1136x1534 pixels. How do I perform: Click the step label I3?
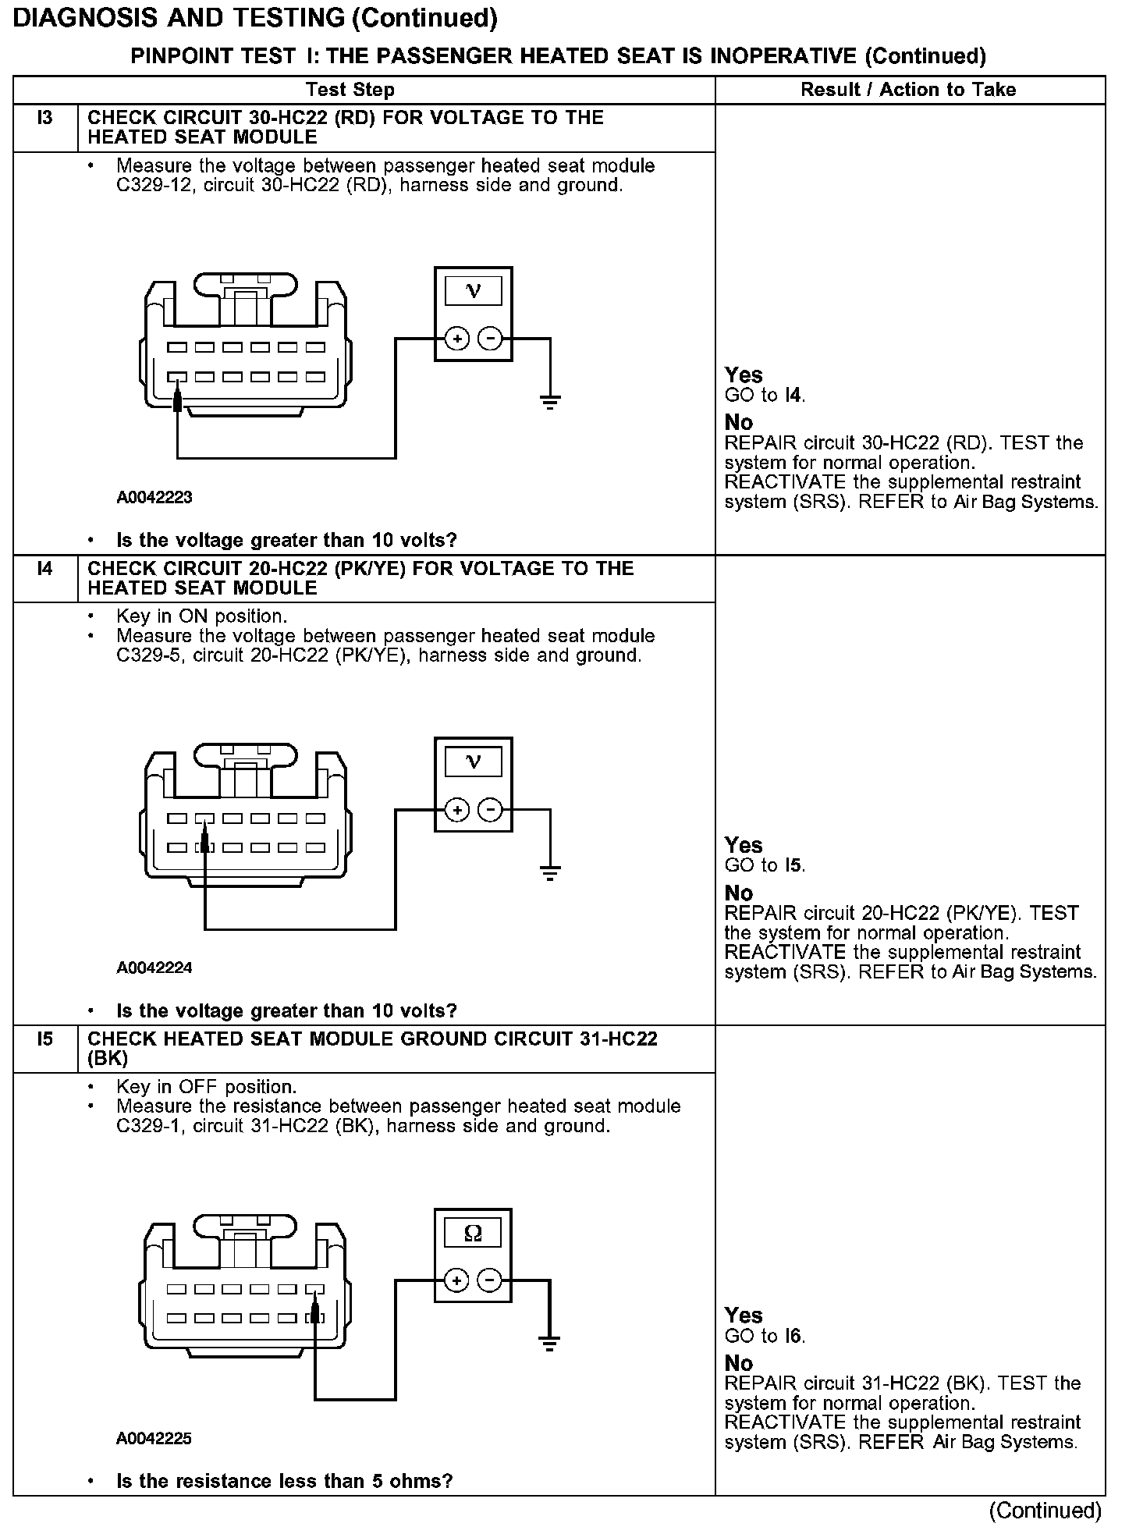[x=45, y=119]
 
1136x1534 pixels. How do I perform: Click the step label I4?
[x=45, y=570]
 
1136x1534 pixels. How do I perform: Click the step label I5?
[x=45, y=1039]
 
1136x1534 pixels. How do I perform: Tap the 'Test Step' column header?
[x=350, y=90]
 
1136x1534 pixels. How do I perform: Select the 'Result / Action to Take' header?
[x=908, y=90]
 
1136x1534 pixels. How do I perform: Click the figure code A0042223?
[x=154, y=497]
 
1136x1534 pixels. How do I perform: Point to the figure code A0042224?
[x=154, y=968]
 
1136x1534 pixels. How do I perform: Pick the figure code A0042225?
[x=154, y=1438]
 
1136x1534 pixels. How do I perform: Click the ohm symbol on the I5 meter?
[x=473, y=1233]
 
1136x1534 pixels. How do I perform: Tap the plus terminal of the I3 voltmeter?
[x=457, y=339]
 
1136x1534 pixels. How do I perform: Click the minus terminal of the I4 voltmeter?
[x=490, y=810]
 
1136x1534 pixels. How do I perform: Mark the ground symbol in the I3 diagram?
[x=550, y=402]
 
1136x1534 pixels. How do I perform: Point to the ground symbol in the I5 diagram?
[x=550, y=1344]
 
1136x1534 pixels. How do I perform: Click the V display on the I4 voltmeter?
[x=473, y=762]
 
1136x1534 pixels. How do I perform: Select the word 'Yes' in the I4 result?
[x=744, y=845]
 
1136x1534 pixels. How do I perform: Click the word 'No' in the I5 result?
[x=739, y=1363]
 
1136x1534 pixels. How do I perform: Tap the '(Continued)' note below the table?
[x=1045, y=1511]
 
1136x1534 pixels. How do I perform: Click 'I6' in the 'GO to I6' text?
[x=793, y=1337]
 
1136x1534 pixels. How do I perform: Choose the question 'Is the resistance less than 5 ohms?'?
[x=284, y=1481]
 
